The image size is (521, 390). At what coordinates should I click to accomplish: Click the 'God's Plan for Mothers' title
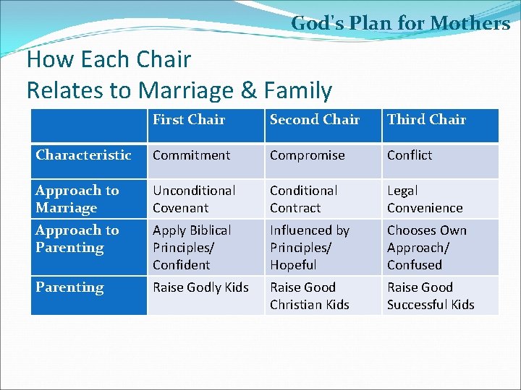point(400,23)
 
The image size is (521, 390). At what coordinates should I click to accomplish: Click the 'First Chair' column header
point(189,120)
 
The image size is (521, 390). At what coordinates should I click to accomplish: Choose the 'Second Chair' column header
point(315,120)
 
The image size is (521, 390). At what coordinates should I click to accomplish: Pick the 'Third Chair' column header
point(426,120)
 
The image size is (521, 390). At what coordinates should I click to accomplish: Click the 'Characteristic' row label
point(83,155)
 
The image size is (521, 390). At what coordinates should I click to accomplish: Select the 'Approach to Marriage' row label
point(77,199)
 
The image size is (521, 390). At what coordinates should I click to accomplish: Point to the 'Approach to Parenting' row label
point(77,239)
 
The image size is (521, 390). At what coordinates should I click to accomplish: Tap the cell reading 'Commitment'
point(191,155)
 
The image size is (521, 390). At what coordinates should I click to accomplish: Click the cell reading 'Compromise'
point(308,155)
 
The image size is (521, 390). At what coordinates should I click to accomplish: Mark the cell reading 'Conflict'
point(410,155)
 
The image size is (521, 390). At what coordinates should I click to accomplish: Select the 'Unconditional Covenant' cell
point(194,199)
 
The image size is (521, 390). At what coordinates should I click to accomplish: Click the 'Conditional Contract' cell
point(303,199)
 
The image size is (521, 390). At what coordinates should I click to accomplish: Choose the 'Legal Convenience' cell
point(425,199)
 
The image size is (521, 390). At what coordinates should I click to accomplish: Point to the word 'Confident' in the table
point(181,265)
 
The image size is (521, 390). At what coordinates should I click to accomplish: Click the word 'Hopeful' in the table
point(293,265)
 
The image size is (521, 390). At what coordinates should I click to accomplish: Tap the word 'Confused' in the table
point(414,265)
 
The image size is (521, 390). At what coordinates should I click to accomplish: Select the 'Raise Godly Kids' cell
point(200,287)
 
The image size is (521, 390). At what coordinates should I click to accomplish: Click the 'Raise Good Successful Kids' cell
point(431,296)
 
